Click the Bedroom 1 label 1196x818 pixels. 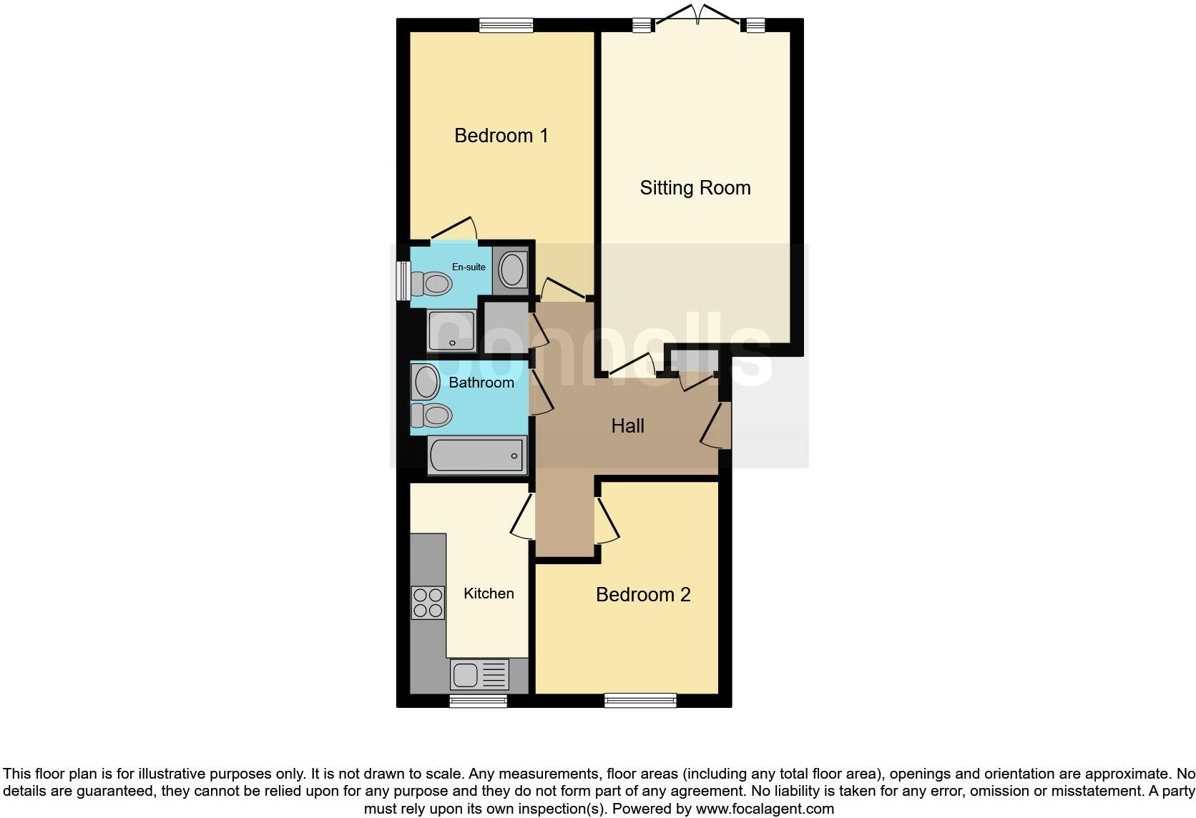501,135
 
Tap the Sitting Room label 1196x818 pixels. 695,188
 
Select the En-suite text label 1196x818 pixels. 469,267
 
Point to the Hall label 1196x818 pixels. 627,426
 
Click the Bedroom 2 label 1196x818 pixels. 642,595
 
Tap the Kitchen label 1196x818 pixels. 489,593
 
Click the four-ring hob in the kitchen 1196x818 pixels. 427,602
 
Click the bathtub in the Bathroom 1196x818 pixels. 477,455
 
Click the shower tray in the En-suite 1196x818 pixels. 451,330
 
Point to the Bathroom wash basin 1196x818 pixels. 426,382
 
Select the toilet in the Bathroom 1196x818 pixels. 431,415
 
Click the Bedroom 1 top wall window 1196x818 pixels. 506,26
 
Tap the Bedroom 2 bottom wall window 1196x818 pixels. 640,700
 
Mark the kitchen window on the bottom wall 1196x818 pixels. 478,700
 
